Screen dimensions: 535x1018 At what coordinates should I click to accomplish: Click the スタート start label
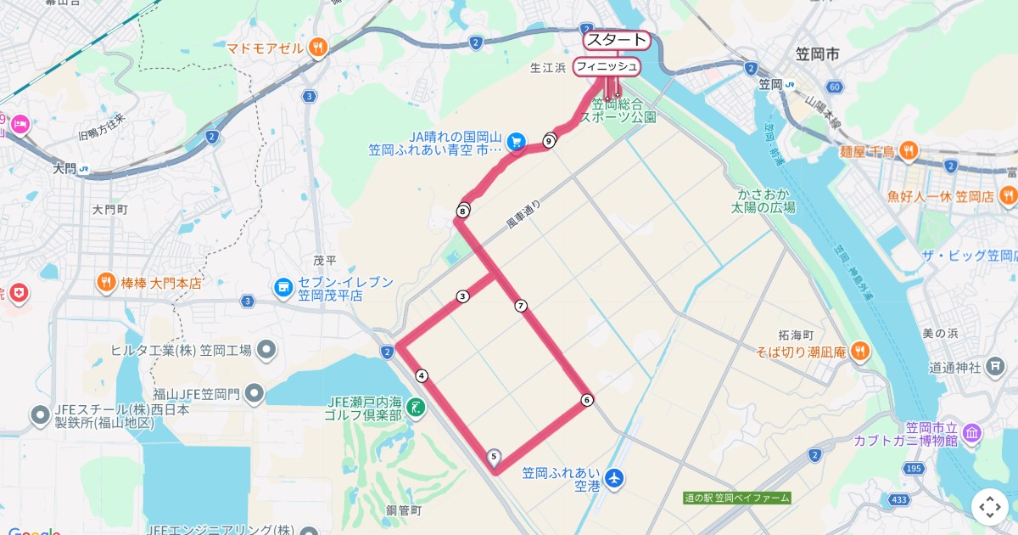[x=616, y=39]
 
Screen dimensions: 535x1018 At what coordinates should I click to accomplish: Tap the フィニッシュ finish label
[x=606, y=66]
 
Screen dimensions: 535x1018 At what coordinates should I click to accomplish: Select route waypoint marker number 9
[x=550, y=141]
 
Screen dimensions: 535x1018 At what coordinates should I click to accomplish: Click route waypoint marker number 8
[x=463, y=211]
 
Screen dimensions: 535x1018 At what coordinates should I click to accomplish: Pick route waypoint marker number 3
[x=462, y=296]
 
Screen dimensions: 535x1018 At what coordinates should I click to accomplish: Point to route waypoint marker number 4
[x=422, y=375]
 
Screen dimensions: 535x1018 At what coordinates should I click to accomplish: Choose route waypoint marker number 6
[x=587, y=400]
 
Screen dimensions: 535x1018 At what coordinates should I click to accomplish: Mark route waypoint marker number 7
[x=521, y=306]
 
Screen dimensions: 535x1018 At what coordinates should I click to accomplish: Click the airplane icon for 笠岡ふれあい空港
[x=614, y=479]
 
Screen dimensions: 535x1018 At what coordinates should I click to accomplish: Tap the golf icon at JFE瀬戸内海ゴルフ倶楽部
[x=416, y=408]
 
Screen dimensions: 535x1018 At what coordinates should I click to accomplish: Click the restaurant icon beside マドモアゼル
[x=318, y=48]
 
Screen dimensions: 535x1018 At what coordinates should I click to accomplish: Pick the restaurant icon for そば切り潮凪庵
[x=860, y=350]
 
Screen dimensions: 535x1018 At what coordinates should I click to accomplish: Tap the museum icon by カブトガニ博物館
[x=972, y=435]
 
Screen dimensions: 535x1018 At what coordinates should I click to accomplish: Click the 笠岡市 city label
[x=817, y=54]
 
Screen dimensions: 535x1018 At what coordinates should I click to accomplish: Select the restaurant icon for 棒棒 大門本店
[x=106, y=282]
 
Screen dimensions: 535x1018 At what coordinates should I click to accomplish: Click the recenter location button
[x=990, y=507]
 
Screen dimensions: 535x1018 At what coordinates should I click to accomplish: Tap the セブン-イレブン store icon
[x=282, y=289]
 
